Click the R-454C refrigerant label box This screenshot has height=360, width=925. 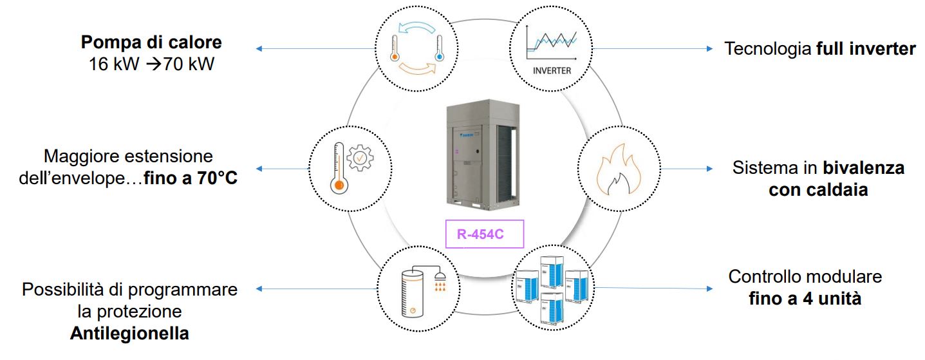(x=485, y=234)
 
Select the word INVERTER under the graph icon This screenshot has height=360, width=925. (x=552, y=71)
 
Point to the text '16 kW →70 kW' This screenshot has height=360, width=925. (x=151, y=64)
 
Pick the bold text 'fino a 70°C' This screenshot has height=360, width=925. (x=190, y=178)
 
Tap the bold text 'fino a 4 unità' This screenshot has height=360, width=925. (x=805, y=299)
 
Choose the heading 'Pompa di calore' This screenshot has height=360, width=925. (x=151, y=43)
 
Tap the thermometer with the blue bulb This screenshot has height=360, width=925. (x=440, y=48)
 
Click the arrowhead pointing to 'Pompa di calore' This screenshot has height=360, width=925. (x=259, y=48)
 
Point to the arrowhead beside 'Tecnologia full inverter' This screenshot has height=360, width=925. (x=709, y=48)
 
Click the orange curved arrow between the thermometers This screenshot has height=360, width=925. (x=415, y=68)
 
